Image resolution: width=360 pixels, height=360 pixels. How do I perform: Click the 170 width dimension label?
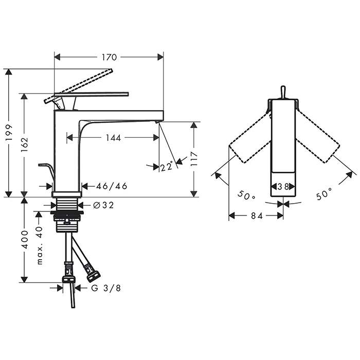(x=109, y=57)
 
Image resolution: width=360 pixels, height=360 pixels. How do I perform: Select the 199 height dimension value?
(x=9, y=133)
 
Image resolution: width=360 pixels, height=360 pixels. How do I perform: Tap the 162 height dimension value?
(x=24, y=145)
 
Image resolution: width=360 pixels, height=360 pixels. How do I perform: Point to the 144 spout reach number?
(x=113, y=138)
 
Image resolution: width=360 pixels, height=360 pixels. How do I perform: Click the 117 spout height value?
(x=194, y=159)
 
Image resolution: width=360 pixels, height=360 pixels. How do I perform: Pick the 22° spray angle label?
(x=167, y=166)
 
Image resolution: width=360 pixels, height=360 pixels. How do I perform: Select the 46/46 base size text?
(x=112, y=186)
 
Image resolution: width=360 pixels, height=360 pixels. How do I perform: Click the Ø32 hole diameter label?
(x=103, y=205)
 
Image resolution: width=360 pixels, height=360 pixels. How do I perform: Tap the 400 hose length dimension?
(x=24, y=240)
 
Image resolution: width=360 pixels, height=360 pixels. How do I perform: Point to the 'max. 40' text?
(x=40, y=245)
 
